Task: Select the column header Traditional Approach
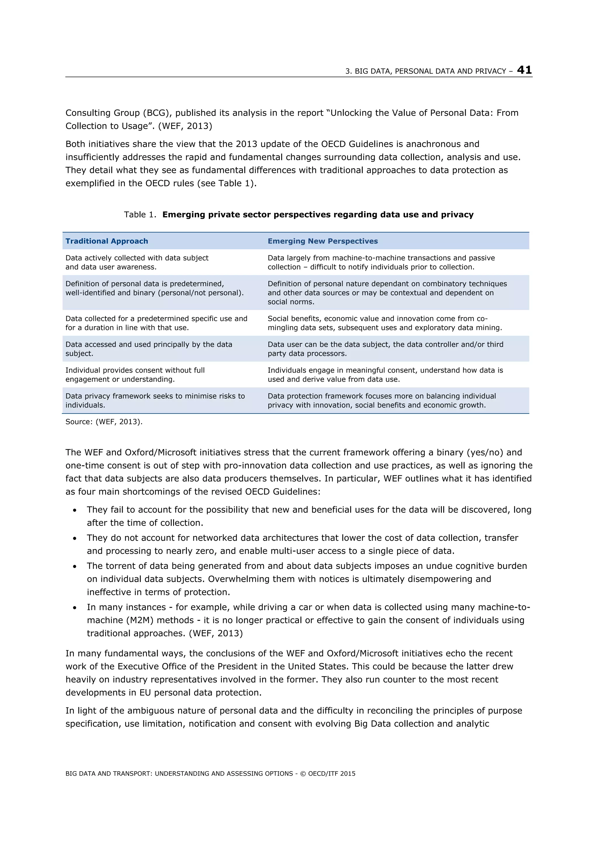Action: click(x=107, y=241)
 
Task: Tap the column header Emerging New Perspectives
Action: click(x=322, y=241)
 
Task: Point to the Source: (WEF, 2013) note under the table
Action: click(x=104, y=421)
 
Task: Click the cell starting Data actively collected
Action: click(x=137, y=262)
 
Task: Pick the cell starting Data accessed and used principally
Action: click(x=149, y=349)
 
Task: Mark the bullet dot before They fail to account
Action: click(x=75, y=510)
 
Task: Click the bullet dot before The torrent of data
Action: click(x=75, y=566)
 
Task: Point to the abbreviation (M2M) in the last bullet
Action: click(x=140, y=620)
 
